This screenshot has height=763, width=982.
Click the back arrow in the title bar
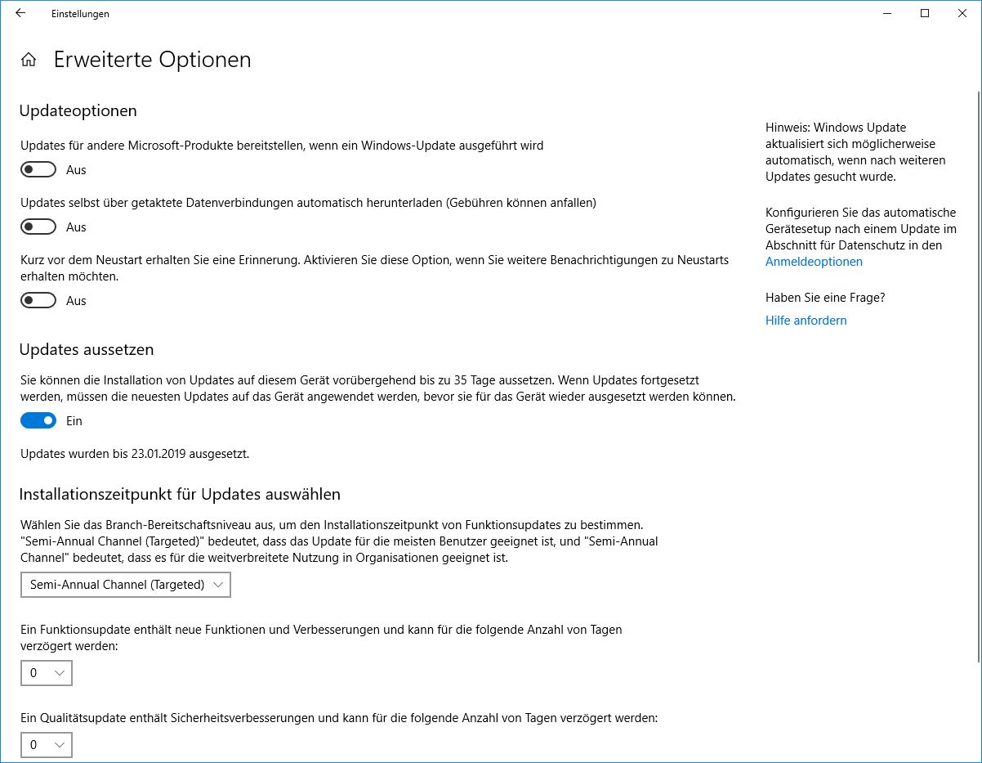[20, 13]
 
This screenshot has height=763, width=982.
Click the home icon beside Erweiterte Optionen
[29, 60]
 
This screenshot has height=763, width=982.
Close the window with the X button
[962, 13]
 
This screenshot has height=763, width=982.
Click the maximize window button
[925, 13]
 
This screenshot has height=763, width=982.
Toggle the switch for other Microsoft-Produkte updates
[38, 169]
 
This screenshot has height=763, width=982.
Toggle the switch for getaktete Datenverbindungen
[38, 227]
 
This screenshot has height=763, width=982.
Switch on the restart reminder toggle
[38, 300]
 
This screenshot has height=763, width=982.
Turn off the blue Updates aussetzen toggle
[38, 420]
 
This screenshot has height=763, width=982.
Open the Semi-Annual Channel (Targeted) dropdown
[126, 585]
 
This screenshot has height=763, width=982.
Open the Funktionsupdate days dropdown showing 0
[47, 673]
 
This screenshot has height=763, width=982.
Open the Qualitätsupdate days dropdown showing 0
[47, 745]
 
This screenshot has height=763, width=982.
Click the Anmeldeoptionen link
[814, 262]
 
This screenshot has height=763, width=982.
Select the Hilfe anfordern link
[806, 321]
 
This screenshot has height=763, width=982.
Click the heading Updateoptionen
[78, 110]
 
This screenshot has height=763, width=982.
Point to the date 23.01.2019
[160, 453]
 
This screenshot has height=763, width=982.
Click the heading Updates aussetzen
[86, 349]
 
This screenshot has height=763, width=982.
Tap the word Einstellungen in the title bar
[80, 14]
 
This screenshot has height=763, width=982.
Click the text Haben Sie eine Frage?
[825, 298]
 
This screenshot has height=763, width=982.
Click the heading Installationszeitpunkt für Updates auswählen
[179, 494]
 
